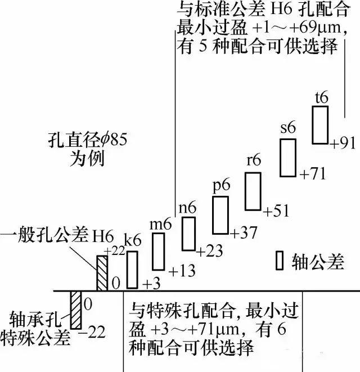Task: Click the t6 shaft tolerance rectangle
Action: click(x=320, y=124)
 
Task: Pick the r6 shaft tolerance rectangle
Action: click(x=253, y=191)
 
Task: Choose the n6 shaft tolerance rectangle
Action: click(x=188, y=234)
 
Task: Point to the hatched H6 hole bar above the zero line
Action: click(x=102, y=273)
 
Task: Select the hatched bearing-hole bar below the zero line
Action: click(x=76, y=311)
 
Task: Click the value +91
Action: click(x=343, y=143)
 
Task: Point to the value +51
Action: click(x=277, y=212)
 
